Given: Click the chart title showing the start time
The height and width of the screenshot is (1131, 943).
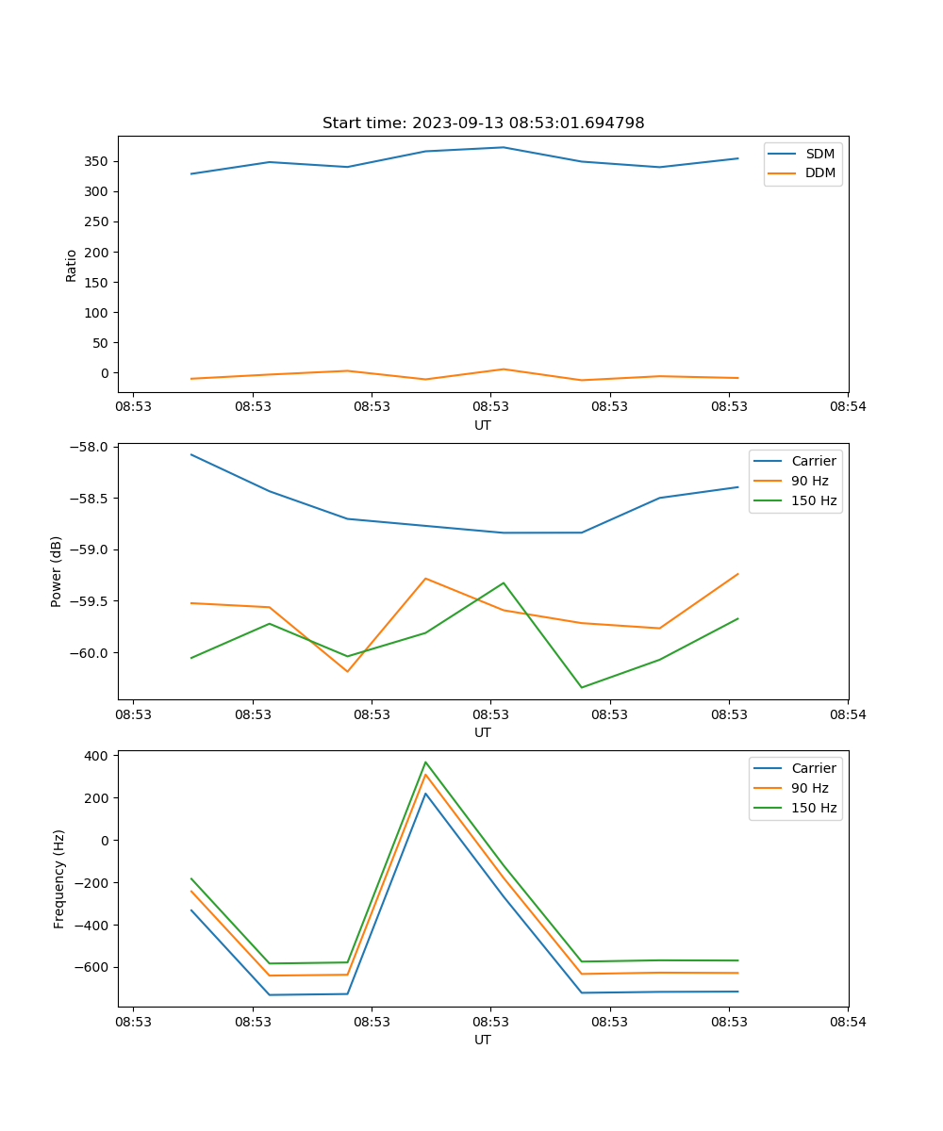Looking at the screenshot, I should pyautogui.click(x=483, y=123).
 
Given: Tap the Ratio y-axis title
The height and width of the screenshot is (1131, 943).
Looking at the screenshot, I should pyautogui.click(x=72, y=265).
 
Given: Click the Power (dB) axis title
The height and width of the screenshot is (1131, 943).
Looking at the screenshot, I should pyautogui.click(x=57, y=571).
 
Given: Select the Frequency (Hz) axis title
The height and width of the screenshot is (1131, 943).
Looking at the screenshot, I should pyautogui.click(x=58, y=878).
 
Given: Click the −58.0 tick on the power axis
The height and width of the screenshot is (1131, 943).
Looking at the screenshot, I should pyautogui.click(x=90, y=447).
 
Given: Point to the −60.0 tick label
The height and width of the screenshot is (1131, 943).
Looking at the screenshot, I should pyautogui.click(x=90, y=653).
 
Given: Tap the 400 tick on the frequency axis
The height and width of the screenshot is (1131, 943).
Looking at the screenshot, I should pyautogui.click(x=98, y=756).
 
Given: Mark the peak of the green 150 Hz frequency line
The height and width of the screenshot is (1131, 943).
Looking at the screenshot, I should pyautogui.click(x=425, y=762).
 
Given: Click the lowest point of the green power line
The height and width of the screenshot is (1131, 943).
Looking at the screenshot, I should pyautogui.click(x=581, y=687).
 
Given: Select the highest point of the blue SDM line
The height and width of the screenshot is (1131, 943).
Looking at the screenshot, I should pyautogui.click(x=504, y=147).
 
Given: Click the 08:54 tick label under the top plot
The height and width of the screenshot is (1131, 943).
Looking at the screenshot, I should pyautogui.click(x=848, y=406).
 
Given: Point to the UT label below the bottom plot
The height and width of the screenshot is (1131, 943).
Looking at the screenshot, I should pyautogui.click(x=483, y=1040).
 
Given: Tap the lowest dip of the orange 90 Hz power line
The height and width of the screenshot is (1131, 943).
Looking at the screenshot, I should pyautogui.click(x=347, y=671).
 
